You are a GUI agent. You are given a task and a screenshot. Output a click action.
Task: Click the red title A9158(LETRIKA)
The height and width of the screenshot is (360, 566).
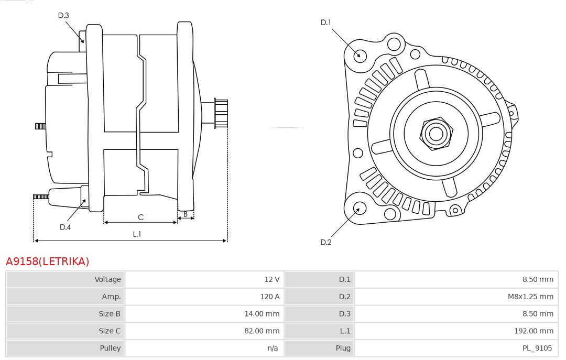48,261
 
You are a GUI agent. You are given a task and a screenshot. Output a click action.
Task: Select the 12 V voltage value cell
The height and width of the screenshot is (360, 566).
273,279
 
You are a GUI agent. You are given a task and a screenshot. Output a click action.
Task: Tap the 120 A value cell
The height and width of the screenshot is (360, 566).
270,297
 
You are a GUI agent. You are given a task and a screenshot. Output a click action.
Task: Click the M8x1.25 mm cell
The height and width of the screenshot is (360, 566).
530,297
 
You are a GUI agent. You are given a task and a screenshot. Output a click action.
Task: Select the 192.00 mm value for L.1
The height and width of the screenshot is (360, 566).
534,331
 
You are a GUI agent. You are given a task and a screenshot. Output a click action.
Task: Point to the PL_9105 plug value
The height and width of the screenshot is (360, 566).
537,348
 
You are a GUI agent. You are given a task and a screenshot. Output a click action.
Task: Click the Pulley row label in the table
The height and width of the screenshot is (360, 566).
110,348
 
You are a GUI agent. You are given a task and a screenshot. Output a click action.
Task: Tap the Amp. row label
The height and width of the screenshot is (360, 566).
111,297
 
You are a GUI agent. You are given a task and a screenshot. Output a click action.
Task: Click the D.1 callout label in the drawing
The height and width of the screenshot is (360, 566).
326,23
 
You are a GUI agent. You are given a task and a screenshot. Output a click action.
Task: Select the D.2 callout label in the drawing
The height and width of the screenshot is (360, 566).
326,242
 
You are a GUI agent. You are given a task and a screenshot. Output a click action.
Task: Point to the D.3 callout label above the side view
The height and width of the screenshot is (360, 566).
63,15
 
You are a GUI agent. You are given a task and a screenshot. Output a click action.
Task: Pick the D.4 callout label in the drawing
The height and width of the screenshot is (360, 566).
65,227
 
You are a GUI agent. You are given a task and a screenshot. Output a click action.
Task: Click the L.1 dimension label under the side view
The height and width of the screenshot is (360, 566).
137,234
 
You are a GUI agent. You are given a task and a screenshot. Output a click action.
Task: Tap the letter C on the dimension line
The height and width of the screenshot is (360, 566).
140,217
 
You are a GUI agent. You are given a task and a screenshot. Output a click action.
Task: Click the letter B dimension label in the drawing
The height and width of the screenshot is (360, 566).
186,214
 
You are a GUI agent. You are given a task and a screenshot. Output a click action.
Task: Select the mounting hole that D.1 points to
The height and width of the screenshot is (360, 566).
360,55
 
